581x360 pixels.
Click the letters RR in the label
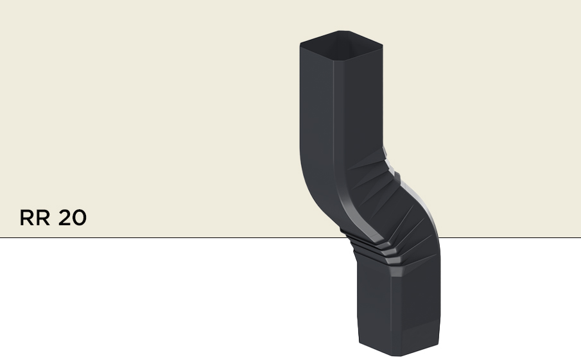[36, 218]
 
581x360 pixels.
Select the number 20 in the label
[72, 218]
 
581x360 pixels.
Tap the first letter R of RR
[28, 218]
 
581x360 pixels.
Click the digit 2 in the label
[65, 218]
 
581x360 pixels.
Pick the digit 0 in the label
[79, 218]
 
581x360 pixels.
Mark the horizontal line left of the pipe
[160, 237]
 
